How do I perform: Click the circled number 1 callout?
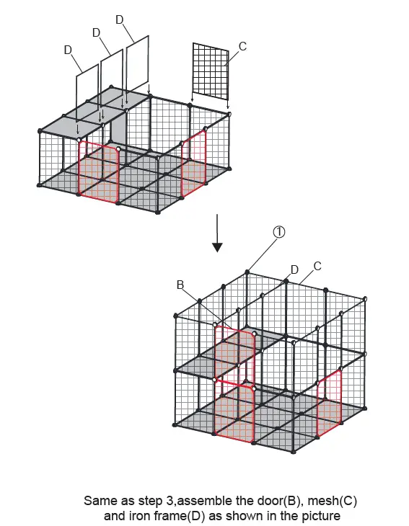(x=279, y=232)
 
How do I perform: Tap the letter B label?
(x=180, y=285)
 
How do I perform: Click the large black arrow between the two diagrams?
(x=217, y=233)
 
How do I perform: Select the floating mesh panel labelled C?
(x=211, y=71)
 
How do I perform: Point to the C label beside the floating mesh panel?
(x=243, y=46)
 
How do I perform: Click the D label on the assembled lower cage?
(x=294, y=269)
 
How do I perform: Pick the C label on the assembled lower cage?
(x=317, y=266)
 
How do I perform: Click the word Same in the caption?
(x=98, y=501)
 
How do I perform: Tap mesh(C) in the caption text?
(x=332, y=501)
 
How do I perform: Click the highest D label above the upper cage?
(x=120, y=20)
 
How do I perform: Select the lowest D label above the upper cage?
(x=68, y=50)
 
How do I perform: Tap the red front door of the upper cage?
(x=99, y=171)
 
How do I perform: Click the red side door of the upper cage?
(x=194, y=163)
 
